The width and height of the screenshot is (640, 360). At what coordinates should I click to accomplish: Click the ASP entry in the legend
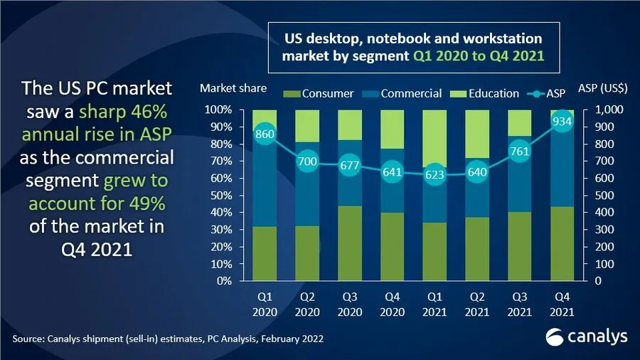click(553, 93)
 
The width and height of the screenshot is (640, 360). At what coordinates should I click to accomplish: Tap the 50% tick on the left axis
click(219, 196)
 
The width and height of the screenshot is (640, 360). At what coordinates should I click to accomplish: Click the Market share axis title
click(233, 89)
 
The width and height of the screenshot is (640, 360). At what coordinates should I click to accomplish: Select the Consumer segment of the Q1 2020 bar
click(265, 253)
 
